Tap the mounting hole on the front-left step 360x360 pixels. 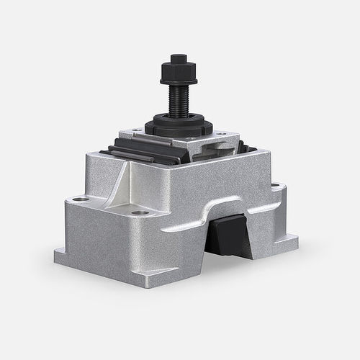(141, 212)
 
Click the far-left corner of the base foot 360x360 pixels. (57, 253)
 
